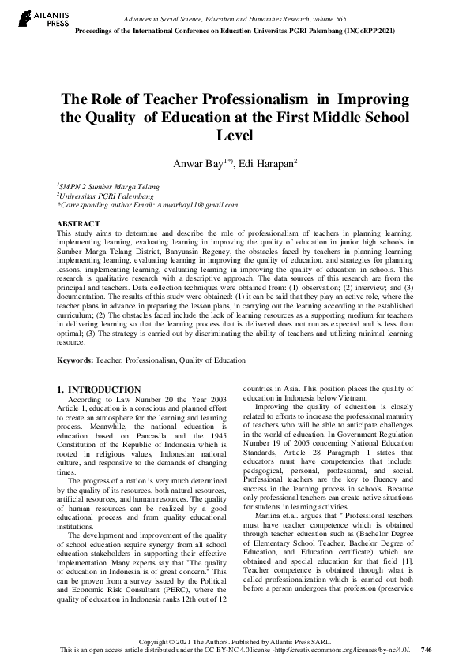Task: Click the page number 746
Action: click(x=427, y=650)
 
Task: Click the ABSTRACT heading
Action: click(x=78, y=224)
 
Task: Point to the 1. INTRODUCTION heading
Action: click(x=100, y=390)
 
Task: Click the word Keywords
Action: click(x=74, y=360)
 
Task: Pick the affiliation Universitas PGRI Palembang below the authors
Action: click(x=106, y=196)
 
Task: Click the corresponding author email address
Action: click(x=196, y=205)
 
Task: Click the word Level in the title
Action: click(x=234, y=135)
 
